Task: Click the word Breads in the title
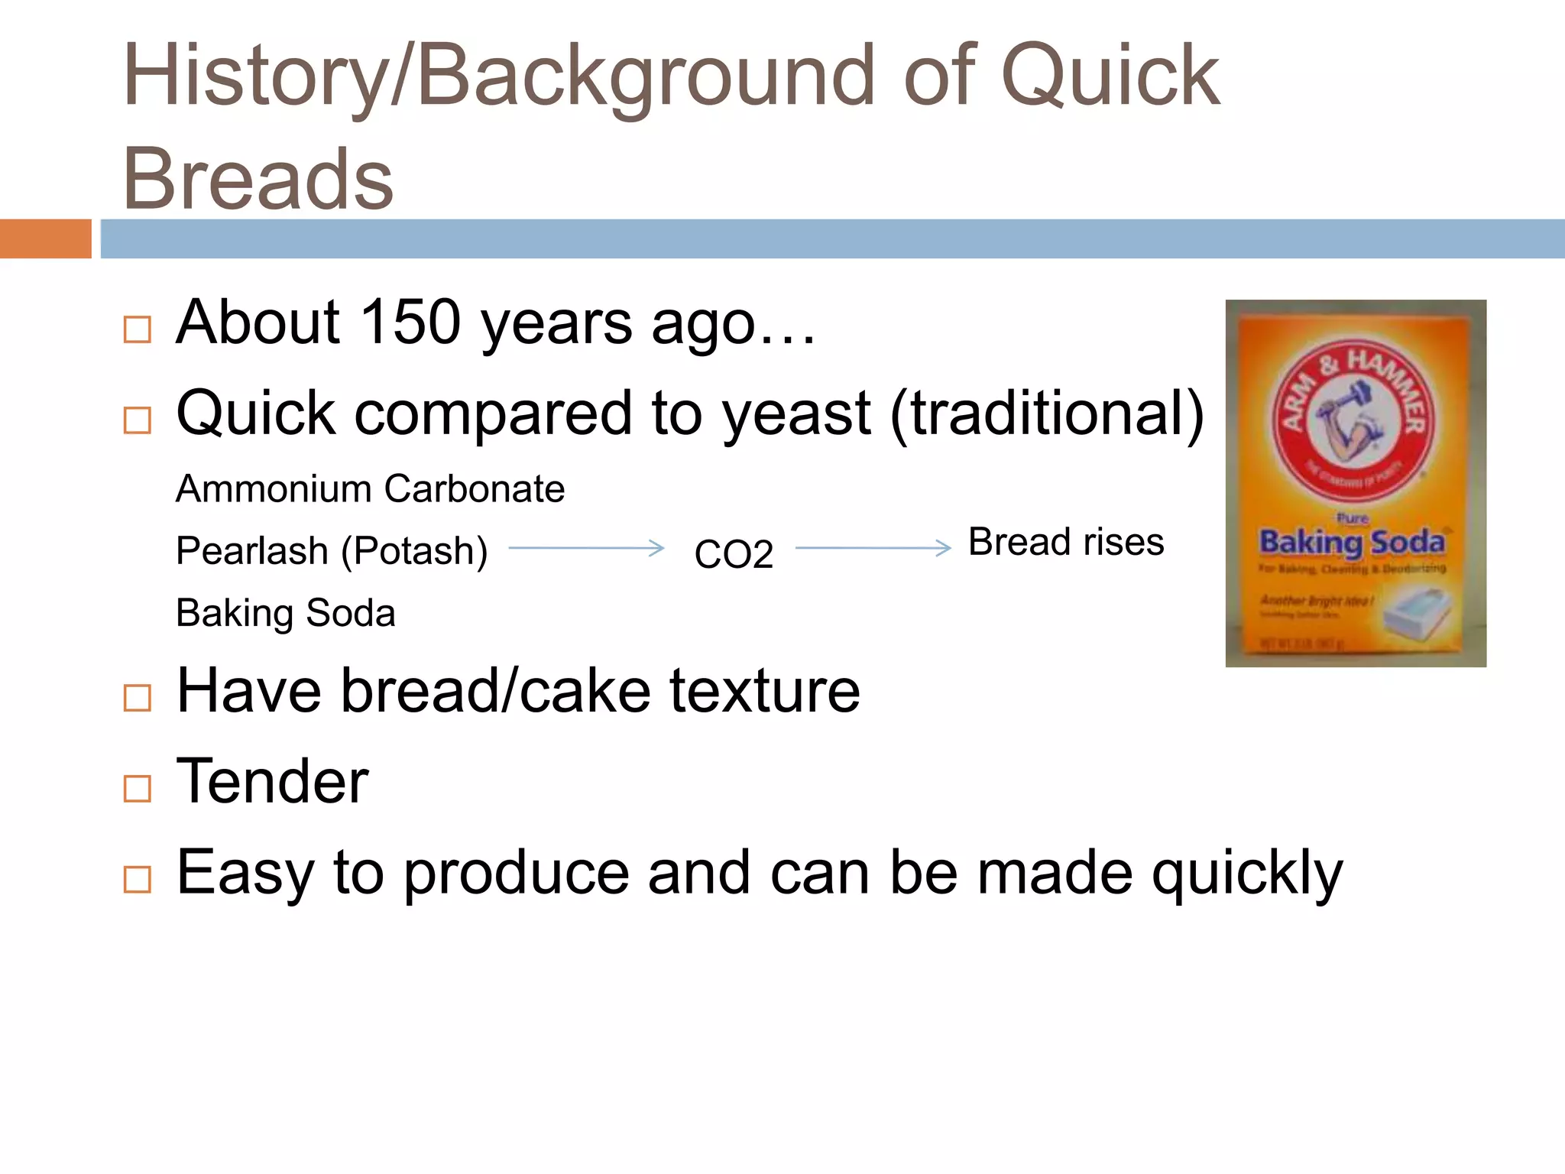[x=258, y=180]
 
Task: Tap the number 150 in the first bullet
[x=410, y=323]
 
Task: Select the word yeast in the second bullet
[x=796, y=413]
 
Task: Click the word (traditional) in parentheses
[x=1047, y=413]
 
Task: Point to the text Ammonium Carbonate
[x=370, y=489]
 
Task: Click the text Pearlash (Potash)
[x=332, y=551]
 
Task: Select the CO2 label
[x=734, y=554]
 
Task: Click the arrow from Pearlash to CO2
[x=586, y=548]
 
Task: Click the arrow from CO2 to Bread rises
[x=873, y=548]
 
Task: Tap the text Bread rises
[x=1066, y=543]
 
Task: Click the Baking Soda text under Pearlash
[x=286, y=613]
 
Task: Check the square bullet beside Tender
[x=138, y=788]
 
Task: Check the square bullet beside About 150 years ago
[x=138, y=329]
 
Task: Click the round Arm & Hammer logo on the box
[x=1353, y=420]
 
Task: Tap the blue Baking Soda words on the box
[x=1352, y=543]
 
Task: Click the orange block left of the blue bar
[x=45, y=238]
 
